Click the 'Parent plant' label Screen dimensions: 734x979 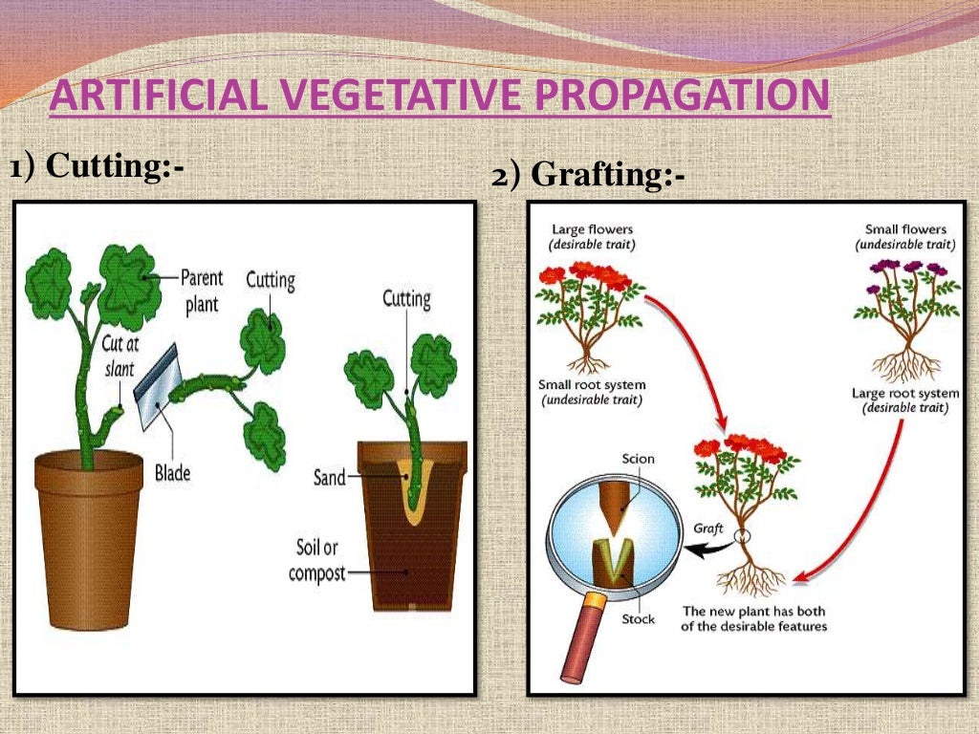click(202, 290)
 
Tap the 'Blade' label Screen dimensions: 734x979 click(173, 471)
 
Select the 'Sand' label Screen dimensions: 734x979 click(330, 477)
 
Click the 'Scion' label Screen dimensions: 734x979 click(638, 459)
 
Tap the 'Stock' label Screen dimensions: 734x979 click(638, 619)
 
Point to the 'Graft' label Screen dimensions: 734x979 click(709, 527)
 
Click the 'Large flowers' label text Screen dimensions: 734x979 click(592, 229)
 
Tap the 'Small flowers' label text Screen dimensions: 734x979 click(905, 229)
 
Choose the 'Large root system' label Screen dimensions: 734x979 click(904, 393)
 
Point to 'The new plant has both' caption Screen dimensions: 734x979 click(753, 612)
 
